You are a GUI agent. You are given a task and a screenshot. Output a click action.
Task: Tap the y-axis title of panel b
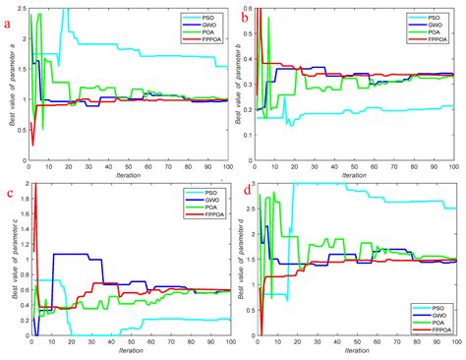pos(239,87)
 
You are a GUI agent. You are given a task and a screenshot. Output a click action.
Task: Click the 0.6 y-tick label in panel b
pos(248,9)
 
